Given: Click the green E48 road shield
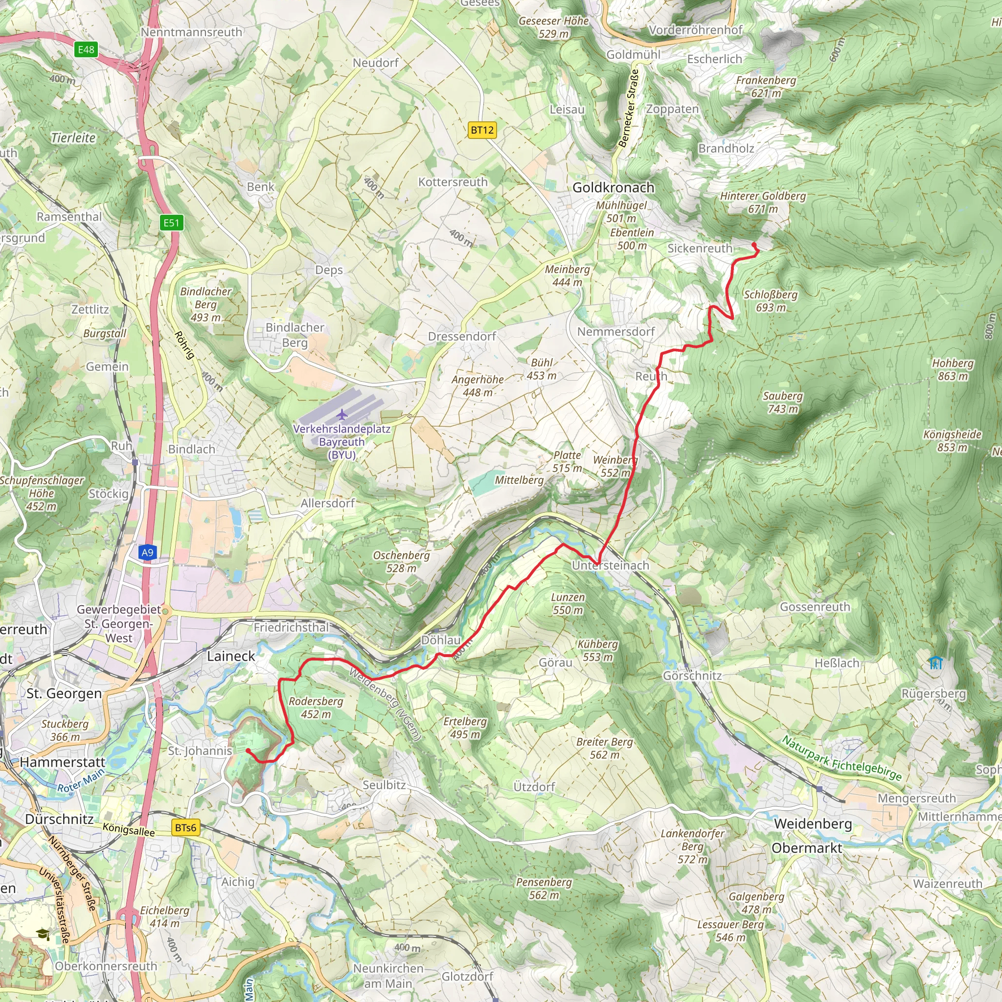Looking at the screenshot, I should [x=86, y=49].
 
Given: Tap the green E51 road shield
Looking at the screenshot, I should [x=171, y=223].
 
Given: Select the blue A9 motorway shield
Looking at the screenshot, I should [x=147, y=552].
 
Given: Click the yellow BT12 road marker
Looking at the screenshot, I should [x=482, y=130].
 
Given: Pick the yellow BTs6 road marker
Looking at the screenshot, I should [x=185, y=827].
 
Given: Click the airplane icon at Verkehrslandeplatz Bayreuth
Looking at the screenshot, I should [x=342, y=414].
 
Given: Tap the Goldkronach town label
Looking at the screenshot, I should [x=613, y=188].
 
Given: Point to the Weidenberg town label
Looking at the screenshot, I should [x=813, y=823].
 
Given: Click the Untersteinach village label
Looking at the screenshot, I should [x=611, y=565].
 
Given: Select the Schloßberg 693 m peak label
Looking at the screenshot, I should [x=770, y=301].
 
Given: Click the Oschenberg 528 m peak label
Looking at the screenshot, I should [x=401, y=562].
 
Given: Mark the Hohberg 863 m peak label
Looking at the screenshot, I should [x=953, y=369].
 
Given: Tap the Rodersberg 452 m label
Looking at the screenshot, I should [x=316, y=707].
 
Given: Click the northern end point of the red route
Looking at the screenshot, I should [x=753, y=245].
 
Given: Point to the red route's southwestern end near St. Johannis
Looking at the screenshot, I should [x=248, y=751].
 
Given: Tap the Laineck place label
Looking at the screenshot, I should [x=231, y=656].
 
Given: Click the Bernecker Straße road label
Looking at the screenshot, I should [x=629, y=109].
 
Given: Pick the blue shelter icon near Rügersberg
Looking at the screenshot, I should [x=935, y=662].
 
